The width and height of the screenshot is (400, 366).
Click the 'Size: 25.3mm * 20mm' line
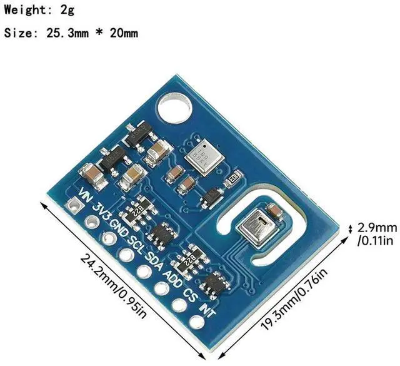click(x=71, y=33)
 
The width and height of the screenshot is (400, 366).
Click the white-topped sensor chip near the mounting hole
click(x=201, y=153)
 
